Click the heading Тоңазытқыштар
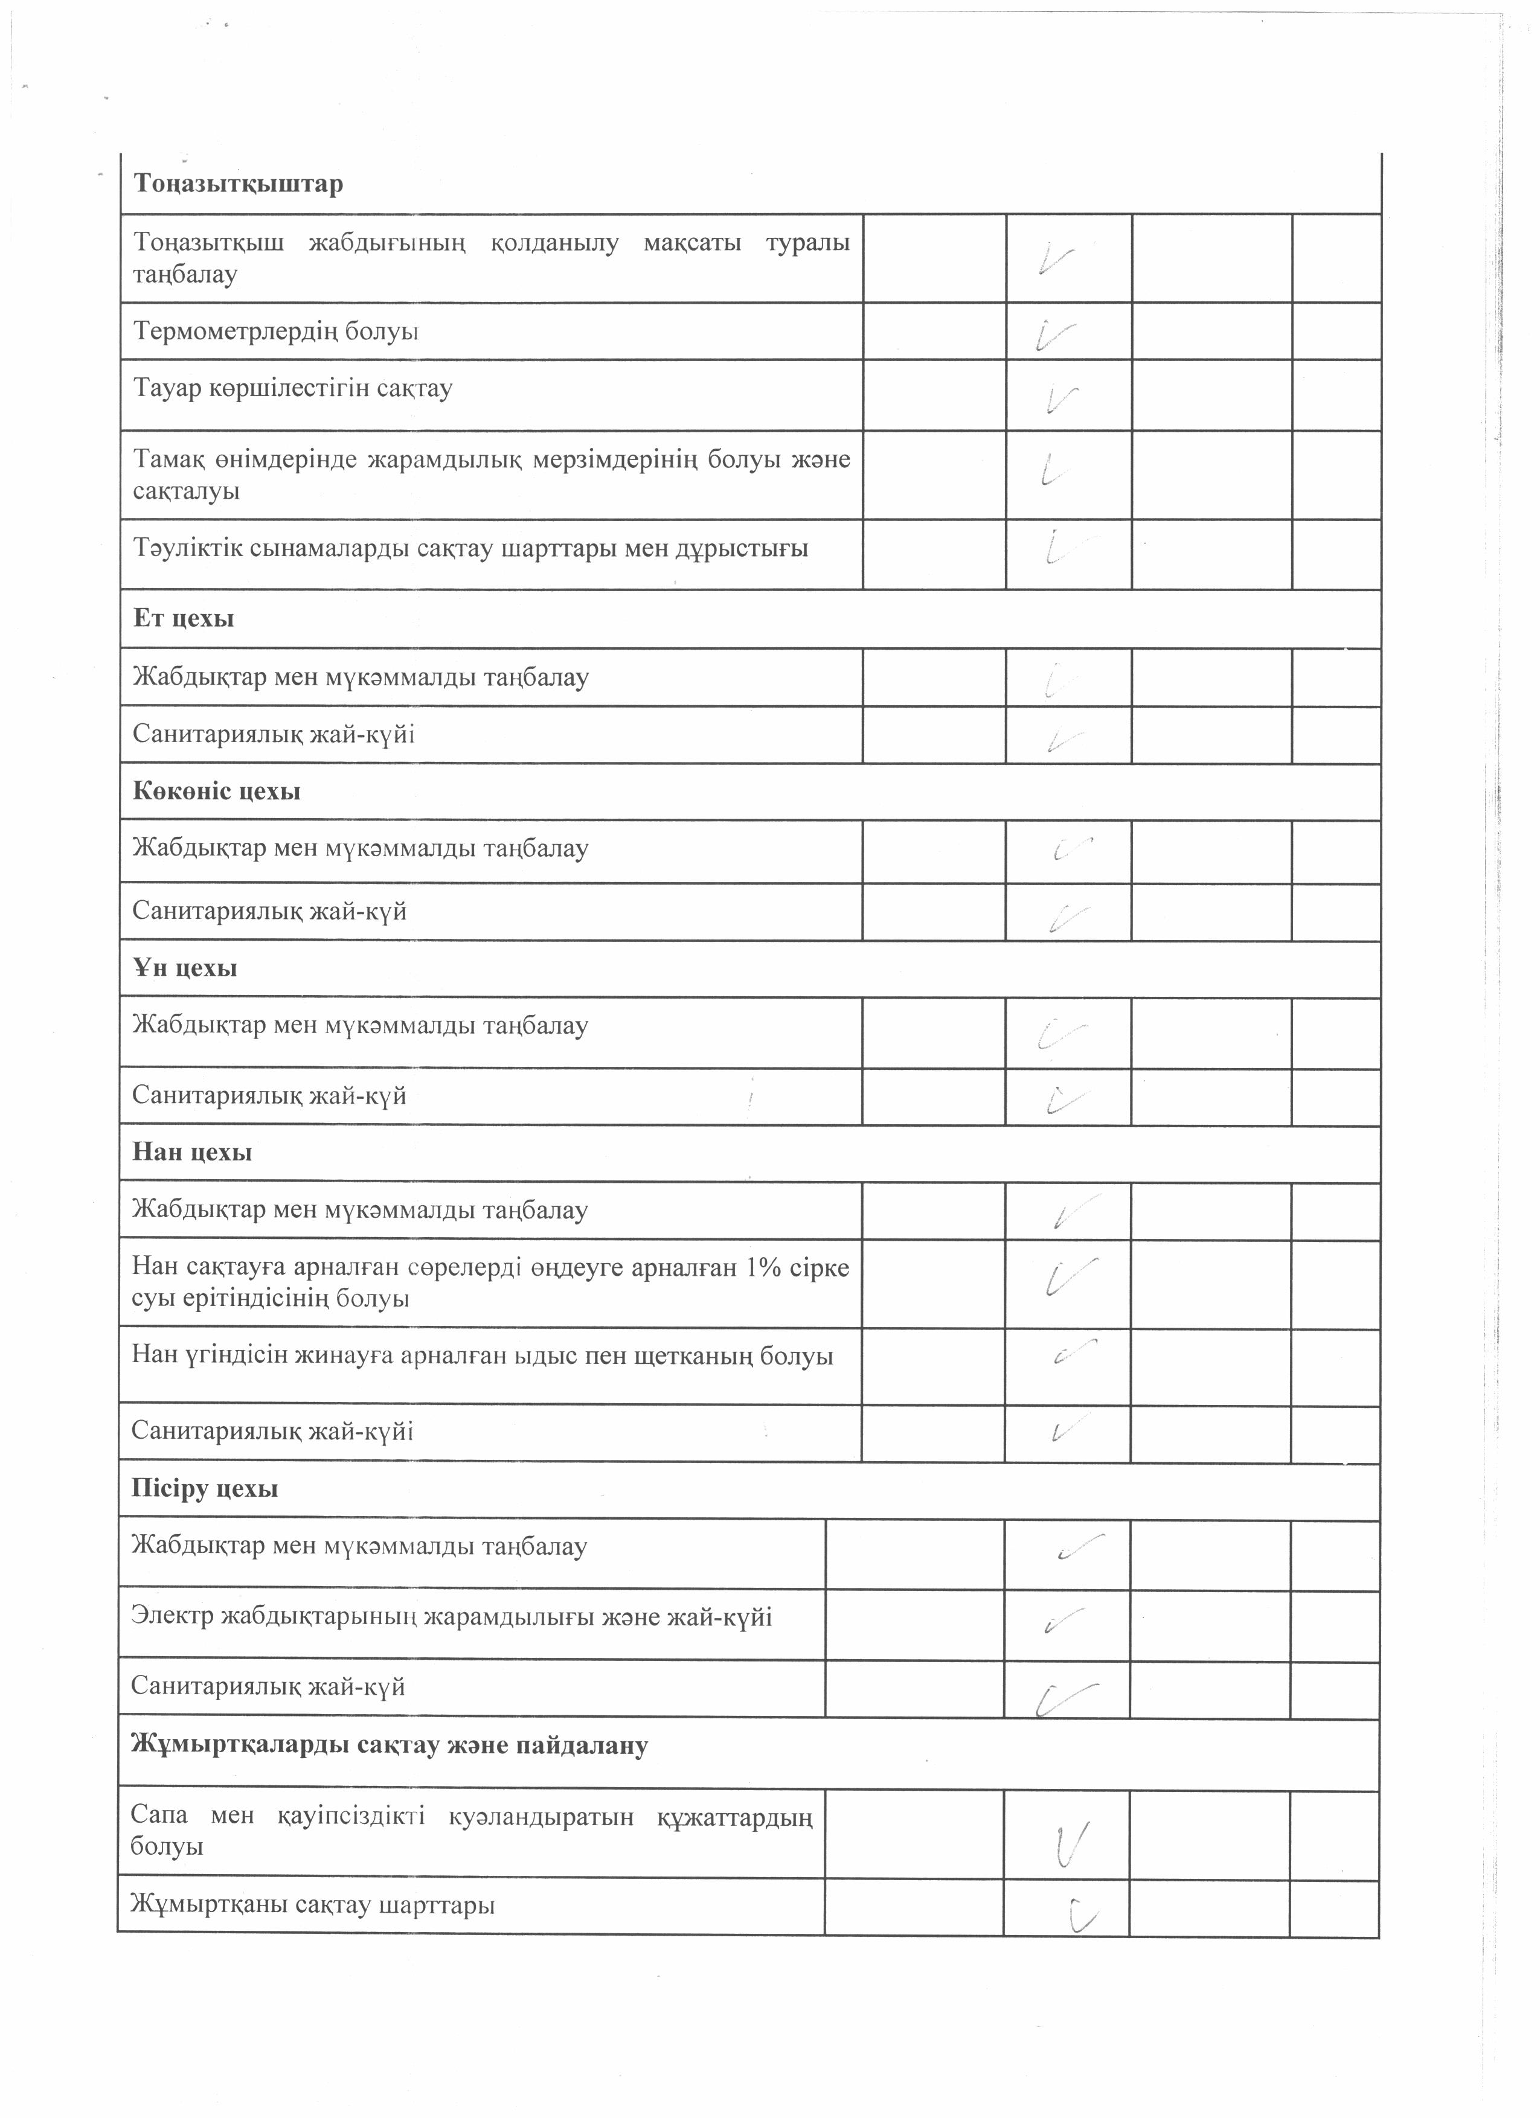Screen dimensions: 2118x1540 (x=238, y=183)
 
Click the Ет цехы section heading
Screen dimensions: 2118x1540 (x=183, y=618)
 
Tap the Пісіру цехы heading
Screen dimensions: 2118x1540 (x=205, y=1488)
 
